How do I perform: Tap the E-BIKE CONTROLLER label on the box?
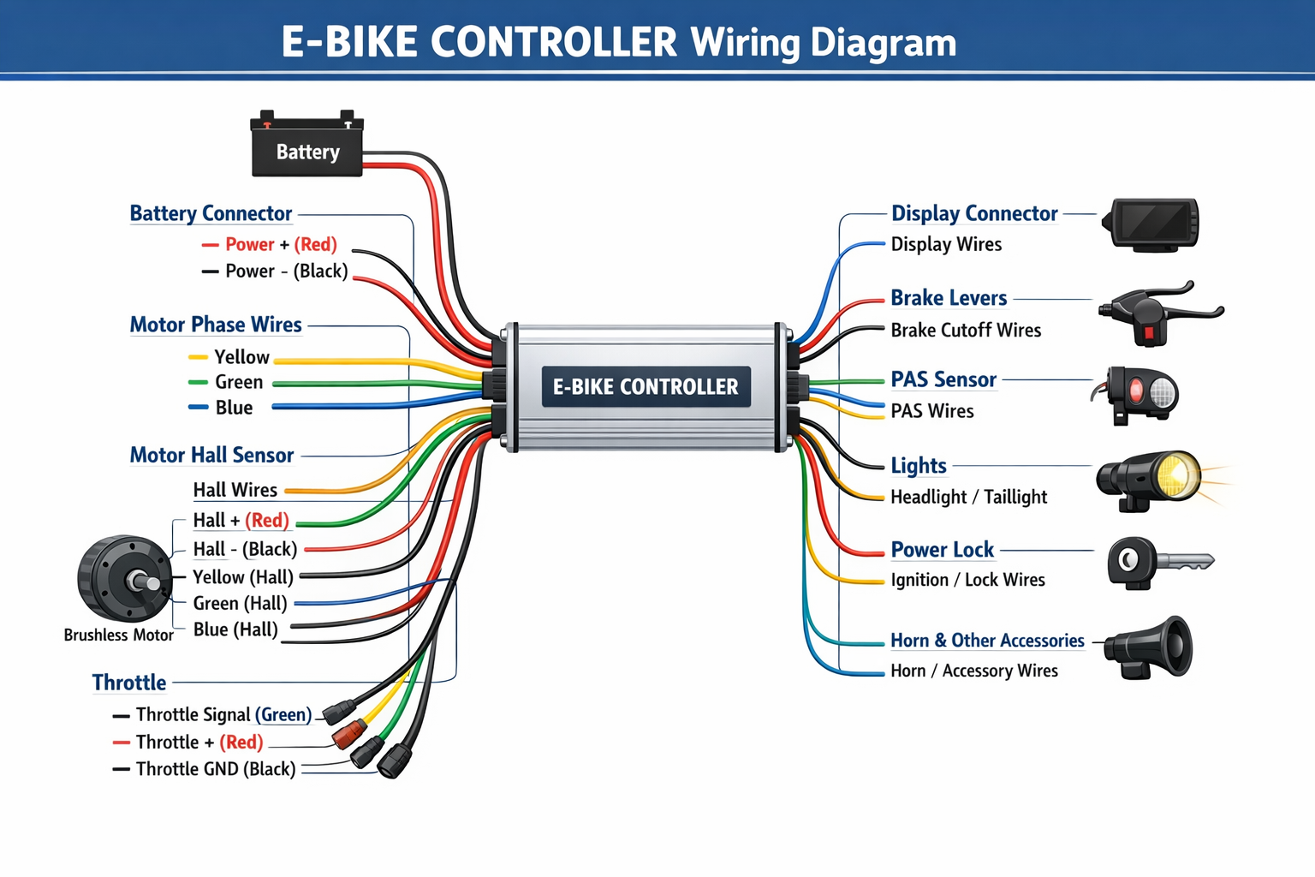pyautogui.click(x=646, y=387)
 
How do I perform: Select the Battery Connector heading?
pyautogui.click(x=211, y=213)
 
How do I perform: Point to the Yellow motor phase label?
pyautogui.click(x=241, y=357)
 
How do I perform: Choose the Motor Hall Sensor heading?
pyautogui.click(x=211, y=455)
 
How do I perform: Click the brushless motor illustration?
pyautogui.click(x=124, y=579)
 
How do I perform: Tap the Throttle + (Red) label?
pyautogui.click(x=199, y=742)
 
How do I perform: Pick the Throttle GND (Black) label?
pyautogui.click(x=215, y=769)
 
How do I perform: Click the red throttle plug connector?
pyautogui.click(x=348, y=735)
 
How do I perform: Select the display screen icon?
pyautogui.click(x=1151, y=224)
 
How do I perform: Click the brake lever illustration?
pyautogui.click(x=1160, y=311)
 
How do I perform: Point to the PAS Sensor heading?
pyautogui.click(x=943, y=379)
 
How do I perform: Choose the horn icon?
pyautogui.click(x=1151, y=647)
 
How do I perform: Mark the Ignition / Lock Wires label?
pyautogui.click(x=967, y=580)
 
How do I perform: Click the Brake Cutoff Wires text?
pyautogui.click(x=966, y=331)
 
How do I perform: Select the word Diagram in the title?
pyautogui.click(x=884, y=43)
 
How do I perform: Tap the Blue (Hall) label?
pyautogui.click(x=235, y=629)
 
